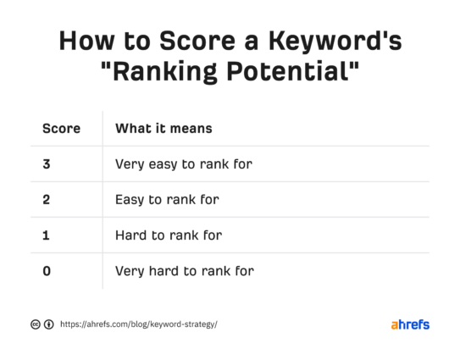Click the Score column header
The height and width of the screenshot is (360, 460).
click(61, 129)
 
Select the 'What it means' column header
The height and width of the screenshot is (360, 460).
click(163, 129)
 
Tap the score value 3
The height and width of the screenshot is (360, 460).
click(47, 164)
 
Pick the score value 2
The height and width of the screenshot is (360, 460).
click(47, 200)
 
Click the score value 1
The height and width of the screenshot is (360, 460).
click(47, 235)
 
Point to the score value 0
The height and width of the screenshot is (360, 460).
click(47, 271)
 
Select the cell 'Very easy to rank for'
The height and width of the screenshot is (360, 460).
click(183, 164)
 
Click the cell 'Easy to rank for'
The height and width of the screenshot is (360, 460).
click(167, 200)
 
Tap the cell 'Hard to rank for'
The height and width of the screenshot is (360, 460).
click(168, 235)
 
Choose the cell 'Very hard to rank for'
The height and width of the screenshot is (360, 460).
click(184, 271)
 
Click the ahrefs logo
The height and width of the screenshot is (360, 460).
click(410, 324)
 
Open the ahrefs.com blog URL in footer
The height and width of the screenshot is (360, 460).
click(138, 324)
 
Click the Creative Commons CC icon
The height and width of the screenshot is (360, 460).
click(36, 324)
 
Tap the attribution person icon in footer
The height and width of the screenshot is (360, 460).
click(48, 324)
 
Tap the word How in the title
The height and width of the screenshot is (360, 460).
click(85, 42)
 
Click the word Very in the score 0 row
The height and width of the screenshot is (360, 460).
click(130, 271)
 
